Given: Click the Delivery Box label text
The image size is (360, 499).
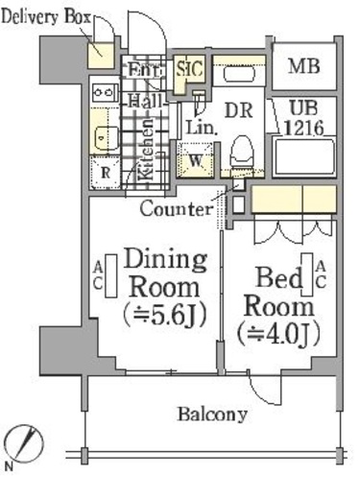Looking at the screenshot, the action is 46,16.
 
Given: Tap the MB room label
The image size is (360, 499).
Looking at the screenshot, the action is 303,66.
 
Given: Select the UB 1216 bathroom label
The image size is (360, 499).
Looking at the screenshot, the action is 303,118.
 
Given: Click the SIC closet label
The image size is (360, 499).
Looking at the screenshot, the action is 190,68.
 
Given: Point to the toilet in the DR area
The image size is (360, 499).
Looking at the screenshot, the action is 242,153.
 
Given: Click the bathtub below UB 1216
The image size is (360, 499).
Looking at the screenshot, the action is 304,156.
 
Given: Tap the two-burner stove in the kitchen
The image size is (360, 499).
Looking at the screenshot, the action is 103,92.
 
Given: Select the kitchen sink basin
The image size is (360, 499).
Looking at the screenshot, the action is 106,138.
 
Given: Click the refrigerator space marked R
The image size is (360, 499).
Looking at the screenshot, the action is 105,173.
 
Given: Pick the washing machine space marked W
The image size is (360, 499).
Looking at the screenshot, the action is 195,159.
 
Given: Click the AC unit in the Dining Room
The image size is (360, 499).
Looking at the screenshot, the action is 111,275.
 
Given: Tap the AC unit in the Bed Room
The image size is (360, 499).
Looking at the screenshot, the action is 307,274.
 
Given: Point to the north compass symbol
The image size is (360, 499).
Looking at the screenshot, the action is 24,444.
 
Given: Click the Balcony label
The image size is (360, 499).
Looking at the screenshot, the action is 212,415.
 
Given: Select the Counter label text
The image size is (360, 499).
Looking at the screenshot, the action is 177,209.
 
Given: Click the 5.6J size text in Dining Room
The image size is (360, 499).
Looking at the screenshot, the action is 164,317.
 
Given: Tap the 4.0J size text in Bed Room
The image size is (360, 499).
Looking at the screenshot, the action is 278,335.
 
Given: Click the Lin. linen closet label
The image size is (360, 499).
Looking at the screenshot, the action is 202,128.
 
